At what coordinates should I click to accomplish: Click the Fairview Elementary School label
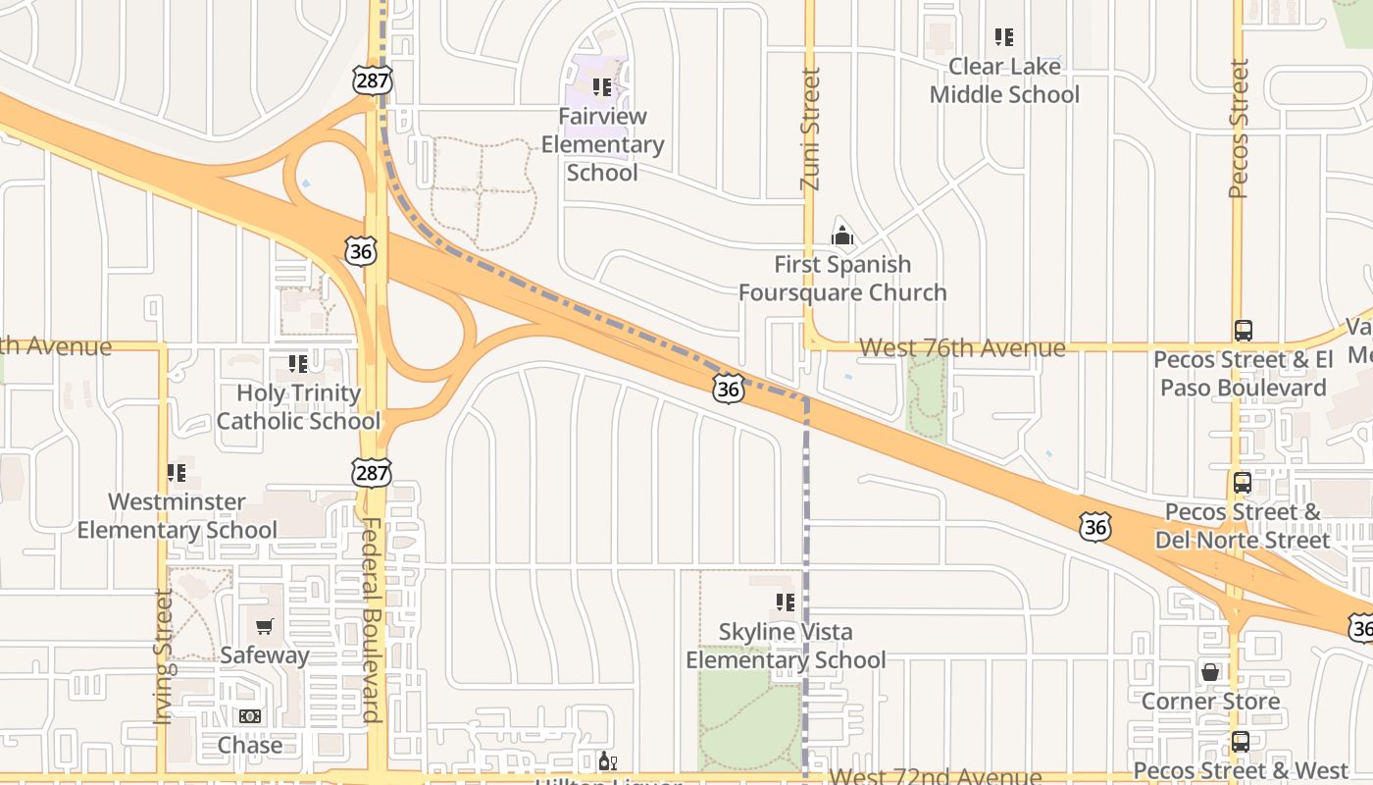coord(602,144)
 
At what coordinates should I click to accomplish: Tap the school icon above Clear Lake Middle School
coord(1003,37)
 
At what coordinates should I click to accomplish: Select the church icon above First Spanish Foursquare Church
coord(841,235)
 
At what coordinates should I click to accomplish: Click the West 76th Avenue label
coord(961,348)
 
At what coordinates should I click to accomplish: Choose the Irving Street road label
coord(164,656)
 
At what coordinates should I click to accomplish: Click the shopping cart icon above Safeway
coord(264,626)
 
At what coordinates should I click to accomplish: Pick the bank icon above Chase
coord(250,716)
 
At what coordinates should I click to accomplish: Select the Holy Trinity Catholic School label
coord(298,407)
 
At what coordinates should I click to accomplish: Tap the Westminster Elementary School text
coord(178,516)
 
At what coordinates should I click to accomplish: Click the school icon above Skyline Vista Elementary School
coord(785,602)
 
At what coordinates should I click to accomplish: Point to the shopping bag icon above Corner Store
coord(1210,672)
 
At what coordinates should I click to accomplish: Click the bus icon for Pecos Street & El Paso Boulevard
coord(1243,331)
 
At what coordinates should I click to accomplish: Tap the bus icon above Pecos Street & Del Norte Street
coord(1242,483)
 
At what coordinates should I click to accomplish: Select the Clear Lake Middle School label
coord(1004,80)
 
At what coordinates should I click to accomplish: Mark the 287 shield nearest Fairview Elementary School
coord(373,79)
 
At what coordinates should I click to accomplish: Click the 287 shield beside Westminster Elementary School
coord(372,473)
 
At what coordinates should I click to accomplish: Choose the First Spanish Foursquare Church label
coord(842,279)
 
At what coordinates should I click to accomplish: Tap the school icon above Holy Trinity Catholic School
coord(298,364)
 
